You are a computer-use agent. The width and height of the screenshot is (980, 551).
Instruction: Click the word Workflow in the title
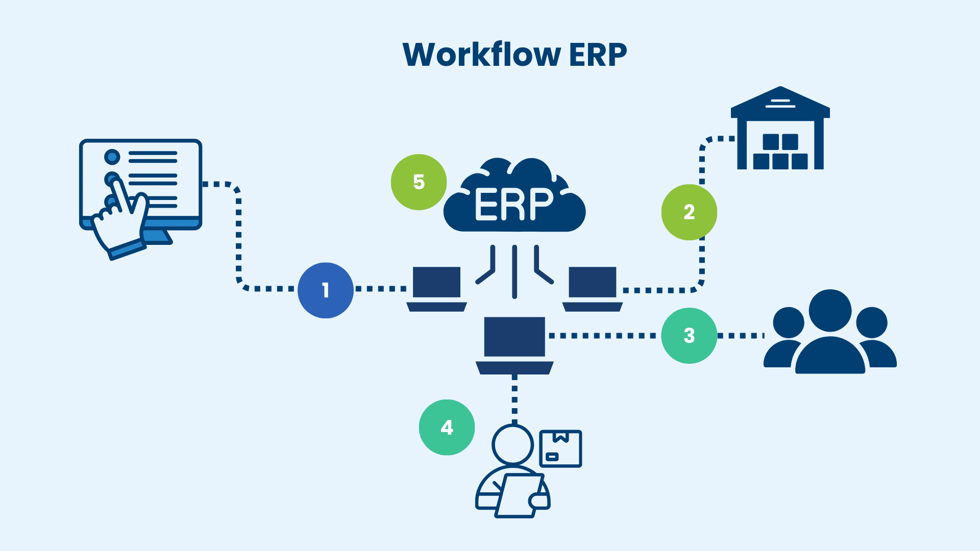(481, 55)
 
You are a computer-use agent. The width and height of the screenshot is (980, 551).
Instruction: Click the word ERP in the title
(598, 55)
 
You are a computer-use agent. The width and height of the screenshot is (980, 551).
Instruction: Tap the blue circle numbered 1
(326, 290)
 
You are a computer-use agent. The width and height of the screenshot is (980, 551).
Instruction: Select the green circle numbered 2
(689, 212)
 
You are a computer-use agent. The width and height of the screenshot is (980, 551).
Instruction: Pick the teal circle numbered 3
(689, 336)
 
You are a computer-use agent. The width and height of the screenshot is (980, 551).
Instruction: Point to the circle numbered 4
(447, 427)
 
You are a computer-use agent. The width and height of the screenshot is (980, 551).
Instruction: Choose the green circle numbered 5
(419, 182)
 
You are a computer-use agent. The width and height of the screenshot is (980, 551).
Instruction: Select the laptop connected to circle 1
(437, 288)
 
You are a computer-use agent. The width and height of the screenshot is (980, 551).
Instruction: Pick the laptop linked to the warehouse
(593, 288)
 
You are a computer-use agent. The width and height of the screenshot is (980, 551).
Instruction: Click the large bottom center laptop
(514, 344)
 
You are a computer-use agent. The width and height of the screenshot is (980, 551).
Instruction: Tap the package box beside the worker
(560, 448)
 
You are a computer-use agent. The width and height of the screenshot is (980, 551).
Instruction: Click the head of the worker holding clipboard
(512, 444)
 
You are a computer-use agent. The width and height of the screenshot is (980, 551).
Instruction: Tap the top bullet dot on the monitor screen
(112, 157)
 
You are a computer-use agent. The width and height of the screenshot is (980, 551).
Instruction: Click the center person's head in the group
(830, 310)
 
